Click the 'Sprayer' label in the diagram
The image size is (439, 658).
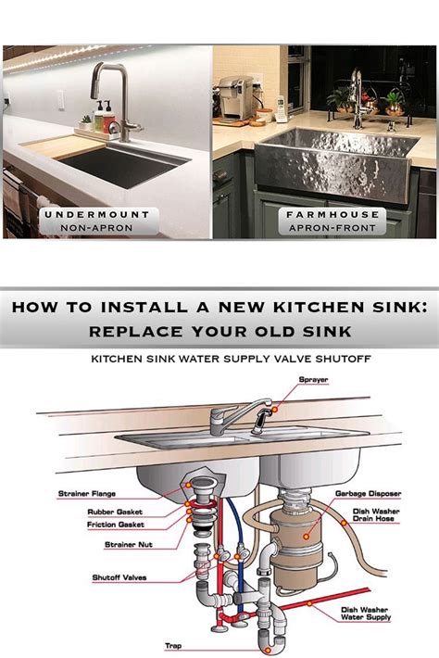(x=314, y=379)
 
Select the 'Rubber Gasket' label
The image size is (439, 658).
(x=113, y=512)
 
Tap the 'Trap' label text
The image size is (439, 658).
(x=173, y=646)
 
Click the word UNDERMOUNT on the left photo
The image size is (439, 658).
(x=97, y=214)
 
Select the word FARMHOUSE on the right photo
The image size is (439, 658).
(x=319, y=214)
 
